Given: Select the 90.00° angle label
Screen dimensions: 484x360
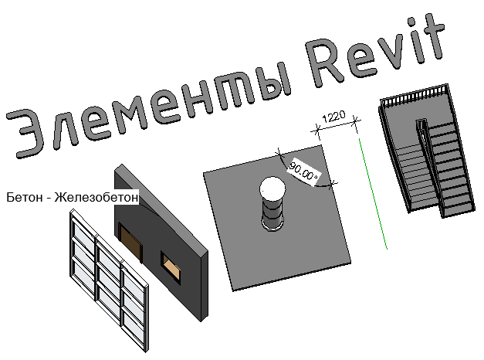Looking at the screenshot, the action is coord(303,171).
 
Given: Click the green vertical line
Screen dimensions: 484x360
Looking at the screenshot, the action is coord(374,193).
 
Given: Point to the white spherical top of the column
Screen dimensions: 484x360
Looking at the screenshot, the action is coord(272,188).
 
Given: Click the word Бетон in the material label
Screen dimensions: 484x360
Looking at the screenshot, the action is coord(23,198).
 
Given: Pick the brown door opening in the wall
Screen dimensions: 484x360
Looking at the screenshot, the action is coord(131,240).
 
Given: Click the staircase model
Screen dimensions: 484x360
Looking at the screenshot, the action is coord(428,155).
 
